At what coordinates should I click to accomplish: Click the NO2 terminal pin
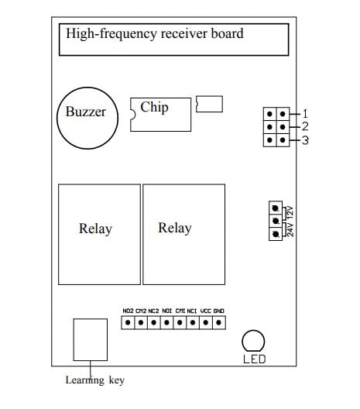128,323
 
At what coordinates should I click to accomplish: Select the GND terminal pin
219,323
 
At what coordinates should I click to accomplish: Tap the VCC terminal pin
206,323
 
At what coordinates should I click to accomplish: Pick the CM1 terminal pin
180,323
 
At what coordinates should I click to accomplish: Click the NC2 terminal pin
154,323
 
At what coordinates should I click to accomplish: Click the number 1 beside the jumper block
305,114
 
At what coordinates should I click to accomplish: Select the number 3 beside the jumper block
305,140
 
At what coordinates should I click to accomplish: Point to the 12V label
290,212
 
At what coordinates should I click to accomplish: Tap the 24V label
290,230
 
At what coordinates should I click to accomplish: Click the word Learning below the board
84,380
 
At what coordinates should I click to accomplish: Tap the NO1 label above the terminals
167,311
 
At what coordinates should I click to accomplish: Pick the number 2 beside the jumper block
305,127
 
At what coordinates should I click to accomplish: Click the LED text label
255,359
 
